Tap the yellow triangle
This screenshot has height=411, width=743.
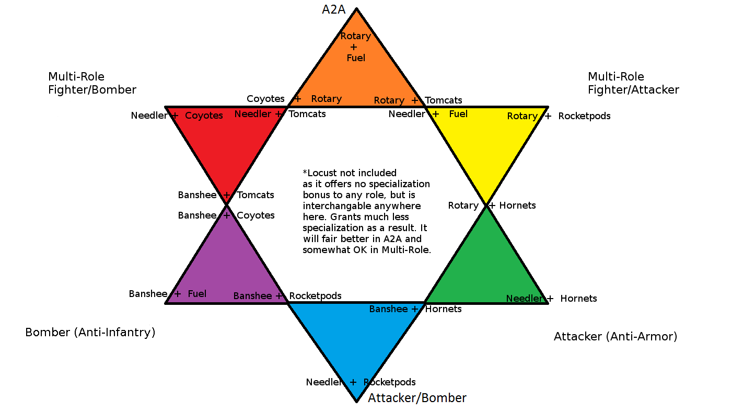486,152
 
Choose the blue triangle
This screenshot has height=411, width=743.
356,340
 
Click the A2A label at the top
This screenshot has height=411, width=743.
334,9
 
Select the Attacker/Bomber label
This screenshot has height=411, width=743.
417,398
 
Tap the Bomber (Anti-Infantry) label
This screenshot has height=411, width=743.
90,332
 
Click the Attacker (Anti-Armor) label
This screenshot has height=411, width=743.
616,336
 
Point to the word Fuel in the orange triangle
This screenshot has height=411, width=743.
356,58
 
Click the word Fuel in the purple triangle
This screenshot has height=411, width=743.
197,294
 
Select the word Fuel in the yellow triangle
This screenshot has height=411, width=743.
458,114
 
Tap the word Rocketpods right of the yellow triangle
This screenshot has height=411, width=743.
584,116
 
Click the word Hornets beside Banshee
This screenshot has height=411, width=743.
443,309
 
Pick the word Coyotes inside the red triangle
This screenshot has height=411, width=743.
204,116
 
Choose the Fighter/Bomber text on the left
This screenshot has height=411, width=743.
92,90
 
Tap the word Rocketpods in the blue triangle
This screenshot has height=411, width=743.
389,382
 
